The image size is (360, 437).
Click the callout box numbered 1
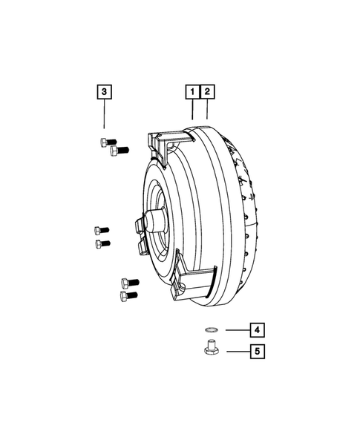click(x=192, y=92)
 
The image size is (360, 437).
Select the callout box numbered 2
click(x=208, y=92)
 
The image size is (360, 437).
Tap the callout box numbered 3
click(x=105, y=92)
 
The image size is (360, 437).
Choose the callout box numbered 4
click(x=255, y=330)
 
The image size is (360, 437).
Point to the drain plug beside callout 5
click(x=210, y=348)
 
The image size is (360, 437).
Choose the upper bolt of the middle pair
click(x=102, y=229)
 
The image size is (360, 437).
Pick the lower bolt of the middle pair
click(x=102, y=243)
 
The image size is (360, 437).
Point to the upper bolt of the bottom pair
click(x=128, y=282)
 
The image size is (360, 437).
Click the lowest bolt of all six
click(x=128, y=296)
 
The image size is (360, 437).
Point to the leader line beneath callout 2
click(x=207, y=109)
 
